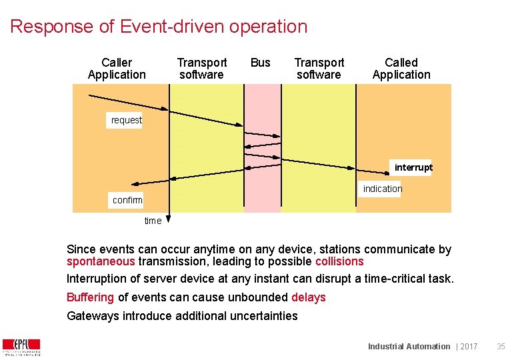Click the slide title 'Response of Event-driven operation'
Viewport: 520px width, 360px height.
159,27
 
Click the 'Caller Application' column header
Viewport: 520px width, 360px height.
117,69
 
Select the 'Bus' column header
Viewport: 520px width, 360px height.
260,63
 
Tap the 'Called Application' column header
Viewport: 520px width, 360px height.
401,69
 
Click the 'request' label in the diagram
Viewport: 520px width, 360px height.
126,120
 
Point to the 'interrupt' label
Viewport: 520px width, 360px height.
413,167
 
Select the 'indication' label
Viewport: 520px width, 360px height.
383,189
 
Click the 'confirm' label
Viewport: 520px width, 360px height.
127,200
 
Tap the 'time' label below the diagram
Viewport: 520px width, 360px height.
153,221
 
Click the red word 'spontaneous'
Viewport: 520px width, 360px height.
101,261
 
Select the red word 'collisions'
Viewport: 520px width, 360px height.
339,261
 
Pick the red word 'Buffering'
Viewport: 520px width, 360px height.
91,297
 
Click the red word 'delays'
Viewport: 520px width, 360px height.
309,297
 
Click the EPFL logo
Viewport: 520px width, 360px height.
21,347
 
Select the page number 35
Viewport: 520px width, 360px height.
501,346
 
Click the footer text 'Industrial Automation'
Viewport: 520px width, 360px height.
409,346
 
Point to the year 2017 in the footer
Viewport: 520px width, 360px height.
469,346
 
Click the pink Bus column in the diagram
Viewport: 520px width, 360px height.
262,193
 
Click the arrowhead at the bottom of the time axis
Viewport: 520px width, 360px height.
169,218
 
